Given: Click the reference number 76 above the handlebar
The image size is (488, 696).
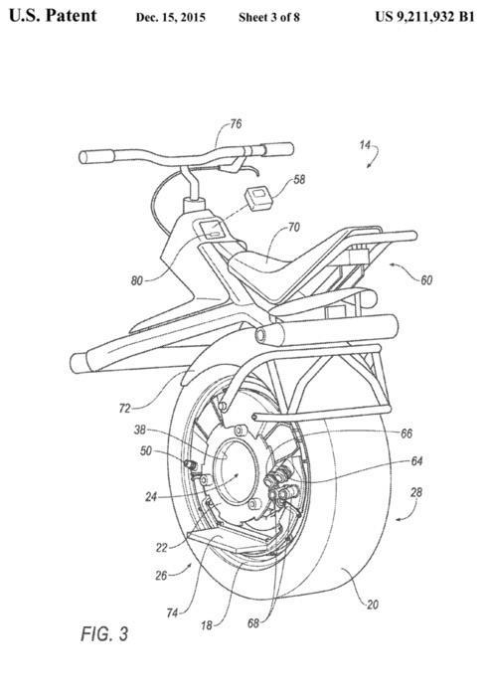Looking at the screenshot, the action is click(x=236, y=123).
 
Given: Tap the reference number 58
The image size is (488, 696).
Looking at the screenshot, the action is click(x=299, y=179).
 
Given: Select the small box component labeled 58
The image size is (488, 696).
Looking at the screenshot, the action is click(x=258, y=197).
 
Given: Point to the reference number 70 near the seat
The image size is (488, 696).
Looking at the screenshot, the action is click(x=293, y=228).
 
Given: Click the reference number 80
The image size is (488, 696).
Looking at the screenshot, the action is click(x=137, y=280).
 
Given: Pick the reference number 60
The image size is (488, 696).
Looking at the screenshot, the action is click(x=426, y=280).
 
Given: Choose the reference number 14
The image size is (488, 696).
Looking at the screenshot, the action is click(x=365, y=145).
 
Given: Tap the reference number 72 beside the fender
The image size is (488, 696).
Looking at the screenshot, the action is click(x=125, y=408).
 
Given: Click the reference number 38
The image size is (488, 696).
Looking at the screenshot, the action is click(x=140, y=430).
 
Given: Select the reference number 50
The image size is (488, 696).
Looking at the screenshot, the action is click(x=145, y=451).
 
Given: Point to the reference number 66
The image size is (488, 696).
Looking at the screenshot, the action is click(x=407, y=434).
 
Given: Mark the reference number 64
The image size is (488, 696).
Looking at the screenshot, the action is click(x=416, y=461).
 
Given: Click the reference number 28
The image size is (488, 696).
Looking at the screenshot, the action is click(x=416, y=492).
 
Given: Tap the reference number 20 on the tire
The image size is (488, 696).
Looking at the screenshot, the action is click(x=373, y=605).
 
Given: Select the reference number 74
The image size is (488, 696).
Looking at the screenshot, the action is click(x=172, y=613).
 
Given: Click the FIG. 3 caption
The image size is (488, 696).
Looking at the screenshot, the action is click(x=104, y=633).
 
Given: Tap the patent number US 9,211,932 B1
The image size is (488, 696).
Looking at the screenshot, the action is click(x=424, y=17).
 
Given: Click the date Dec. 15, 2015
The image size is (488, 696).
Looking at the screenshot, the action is click(x=171, y=17).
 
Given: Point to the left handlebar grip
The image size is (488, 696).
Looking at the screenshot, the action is click(x=96, y=157).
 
